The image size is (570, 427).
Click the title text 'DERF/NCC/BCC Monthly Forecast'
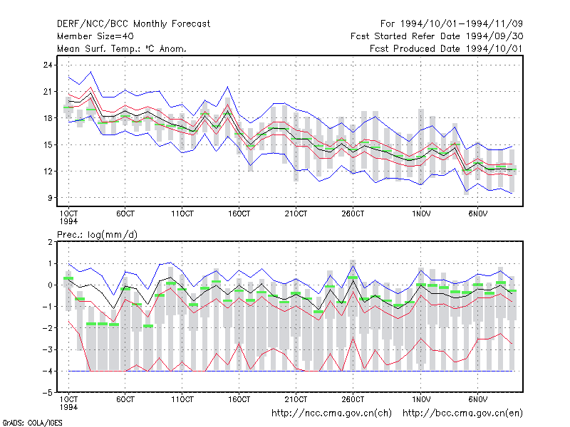click(133, 24)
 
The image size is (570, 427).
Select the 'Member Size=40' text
click(95, 36)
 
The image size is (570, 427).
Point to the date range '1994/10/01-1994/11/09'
click(461, 24)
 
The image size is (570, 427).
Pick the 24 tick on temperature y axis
click(48, 65)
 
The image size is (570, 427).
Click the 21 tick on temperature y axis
click(48, 92)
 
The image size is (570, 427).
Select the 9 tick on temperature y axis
click(50, 198)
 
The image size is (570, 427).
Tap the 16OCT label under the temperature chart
click(239, 214)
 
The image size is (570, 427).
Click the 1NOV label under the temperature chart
click(421, 214)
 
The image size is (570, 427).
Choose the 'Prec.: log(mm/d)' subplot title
click(97, 235)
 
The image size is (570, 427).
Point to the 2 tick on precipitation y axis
click(50, 242)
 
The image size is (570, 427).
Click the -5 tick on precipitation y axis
click(48, 393)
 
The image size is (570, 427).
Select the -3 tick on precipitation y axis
click(48, 349)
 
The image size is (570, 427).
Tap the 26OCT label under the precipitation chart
click(353, 399)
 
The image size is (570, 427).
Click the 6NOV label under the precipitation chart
click(477, 399)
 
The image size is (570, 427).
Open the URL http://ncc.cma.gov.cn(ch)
click(331, 413)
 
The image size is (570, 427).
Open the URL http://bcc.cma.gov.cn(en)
click(462, 413)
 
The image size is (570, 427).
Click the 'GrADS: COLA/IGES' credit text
click(32, 423)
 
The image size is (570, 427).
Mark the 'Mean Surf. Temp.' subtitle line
click(122, 48)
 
